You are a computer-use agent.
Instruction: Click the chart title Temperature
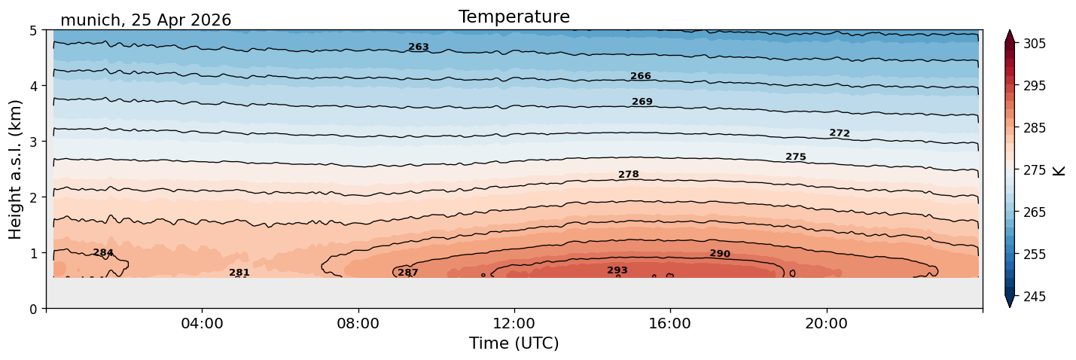pos(514,17)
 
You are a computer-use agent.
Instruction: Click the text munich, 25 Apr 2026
pos(145,20)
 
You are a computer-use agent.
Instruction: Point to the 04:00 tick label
pos(203,323)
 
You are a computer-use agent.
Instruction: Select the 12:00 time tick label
pos(514,323)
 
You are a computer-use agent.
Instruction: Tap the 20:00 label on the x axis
pos(827,323)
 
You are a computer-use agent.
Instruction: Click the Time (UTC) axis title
pos(514,343)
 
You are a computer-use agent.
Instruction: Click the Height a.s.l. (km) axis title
pos(15,169)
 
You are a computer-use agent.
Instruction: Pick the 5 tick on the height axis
pos(34,31)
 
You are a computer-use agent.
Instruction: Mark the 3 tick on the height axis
pos(34,142)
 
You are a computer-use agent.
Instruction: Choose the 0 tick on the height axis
pos(34,309)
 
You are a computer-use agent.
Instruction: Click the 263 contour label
pos(419,47)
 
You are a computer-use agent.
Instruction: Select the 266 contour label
pos(641,76)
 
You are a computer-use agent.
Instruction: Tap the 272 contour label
pos(840,133)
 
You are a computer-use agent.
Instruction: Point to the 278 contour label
pos(629,174)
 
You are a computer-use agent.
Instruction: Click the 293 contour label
pos(617,270)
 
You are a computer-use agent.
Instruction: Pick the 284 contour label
pos(103,252)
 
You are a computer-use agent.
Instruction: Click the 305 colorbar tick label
pos(1035,44)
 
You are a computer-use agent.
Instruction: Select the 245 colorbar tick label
pos(1035,297)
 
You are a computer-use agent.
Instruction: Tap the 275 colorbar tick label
pos(1035,170)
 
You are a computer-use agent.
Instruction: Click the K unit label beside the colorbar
pos(1058,171)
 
